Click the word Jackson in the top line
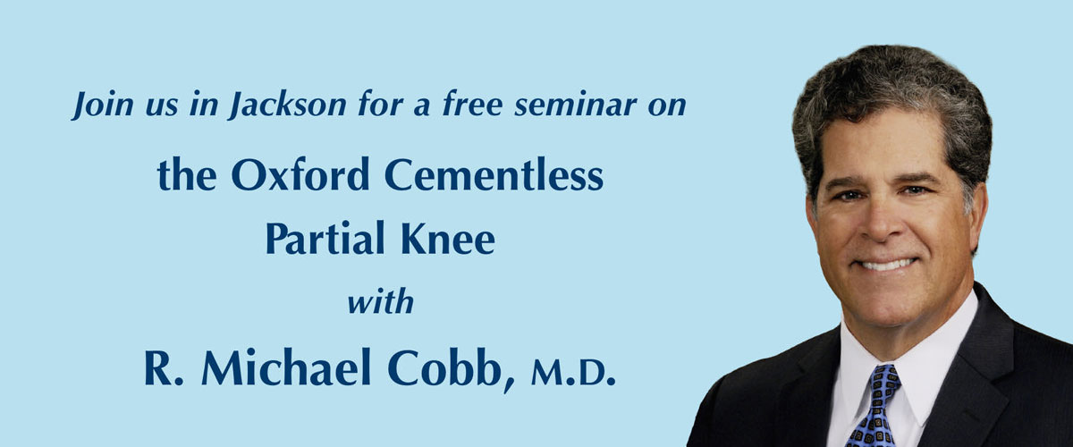point(288,105)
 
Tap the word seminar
point(575,105)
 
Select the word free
point(472,104)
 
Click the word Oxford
point(300,174)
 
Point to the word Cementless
point(494,174)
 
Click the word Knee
point(447,238)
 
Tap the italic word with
point(381,302)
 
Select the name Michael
point(286,367)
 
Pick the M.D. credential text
point(573,375)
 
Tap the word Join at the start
point(102,105)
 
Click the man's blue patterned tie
point(875,405)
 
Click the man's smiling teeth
point(887,264)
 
